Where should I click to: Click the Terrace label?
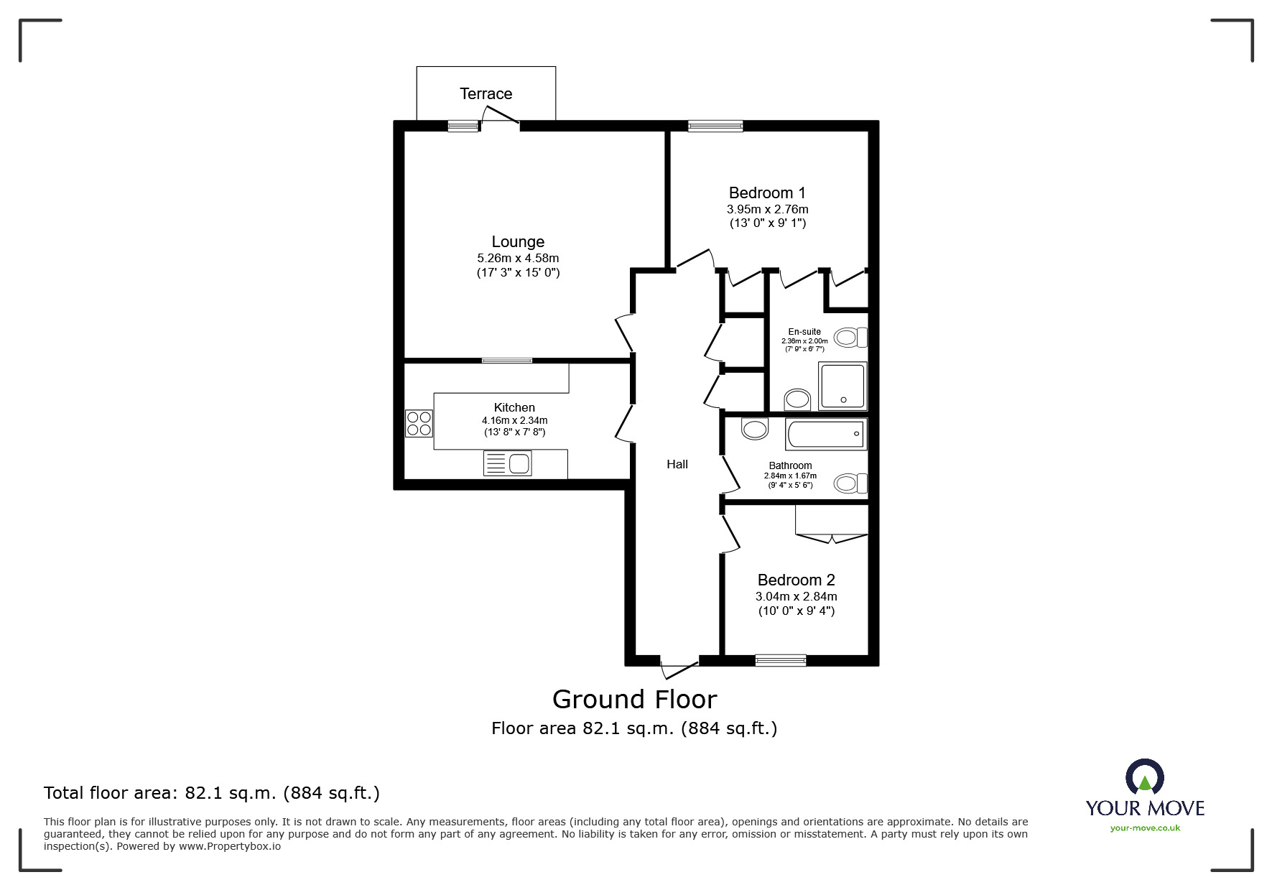pyautogui.click(x=486, y=94)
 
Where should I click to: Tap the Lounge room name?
pyautogui.click(x=518, y=242)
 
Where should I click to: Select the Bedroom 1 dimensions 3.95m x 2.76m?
pyautogui.click(x=767, y=209)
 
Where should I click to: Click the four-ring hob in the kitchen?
pyautogui.click(x=419, y=423)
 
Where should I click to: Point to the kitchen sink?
pyautogui.click(x=508, y=463)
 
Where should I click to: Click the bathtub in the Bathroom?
pyautogui.click(x=826, y=435)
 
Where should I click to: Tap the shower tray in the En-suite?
pyautogui.click(x=842, y=386)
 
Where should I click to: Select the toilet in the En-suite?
pyautogui.click(x=851, y=337)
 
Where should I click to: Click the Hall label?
pyautogui.click(x=677, y=465)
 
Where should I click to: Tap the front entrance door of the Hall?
pyautogui.click(x=679, y=668)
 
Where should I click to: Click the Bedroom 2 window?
pyautogui.click(x=780, y=659)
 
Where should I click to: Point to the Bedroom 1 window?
pyautogui.click(x=715, y=126)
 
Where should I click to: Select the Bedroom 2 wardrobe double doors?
pyautogui.click(x=832, y=537)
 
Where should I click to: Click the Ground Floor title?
pyautogui.click(x=634, y=699)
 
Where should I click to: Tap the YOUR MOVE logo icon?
pyautogui.click(x=1144, y=778)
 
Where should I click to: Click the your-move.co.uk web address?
pyautogui.click(x=1145, y=828)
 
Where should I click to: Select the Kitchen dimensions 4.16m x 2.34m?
pyautogui.click(x=514, y=420)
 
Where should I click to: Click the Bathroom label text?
pyautogui.click(x=790, y=465)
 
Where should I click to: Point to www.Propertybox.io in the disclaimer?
pyautogui.click(x=229, y=846)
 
